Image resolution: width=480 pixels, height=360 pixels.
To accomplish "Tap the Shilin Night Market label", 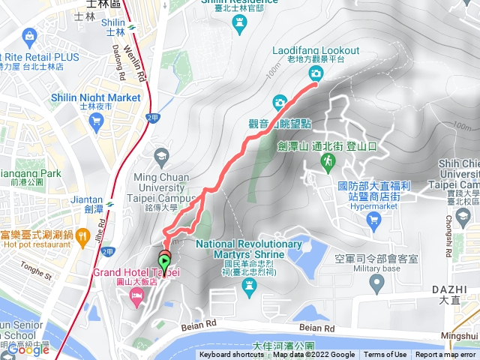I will coord(95,97).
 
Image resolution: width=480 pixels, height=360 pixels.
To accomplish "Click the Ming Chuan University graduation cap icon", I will coord(161,157).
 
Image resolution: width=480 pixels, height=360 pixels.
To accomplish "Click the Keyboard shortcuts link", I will coord(232,355).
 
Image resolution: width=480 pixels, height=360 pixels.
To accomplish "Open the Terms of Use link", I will coord(385,355).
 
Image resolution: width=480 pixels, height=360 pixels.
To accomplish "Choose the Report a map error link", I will coord(445,355).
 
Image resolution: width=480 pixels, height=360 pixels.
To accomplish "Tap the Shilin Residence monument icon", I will coord(239,22).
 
